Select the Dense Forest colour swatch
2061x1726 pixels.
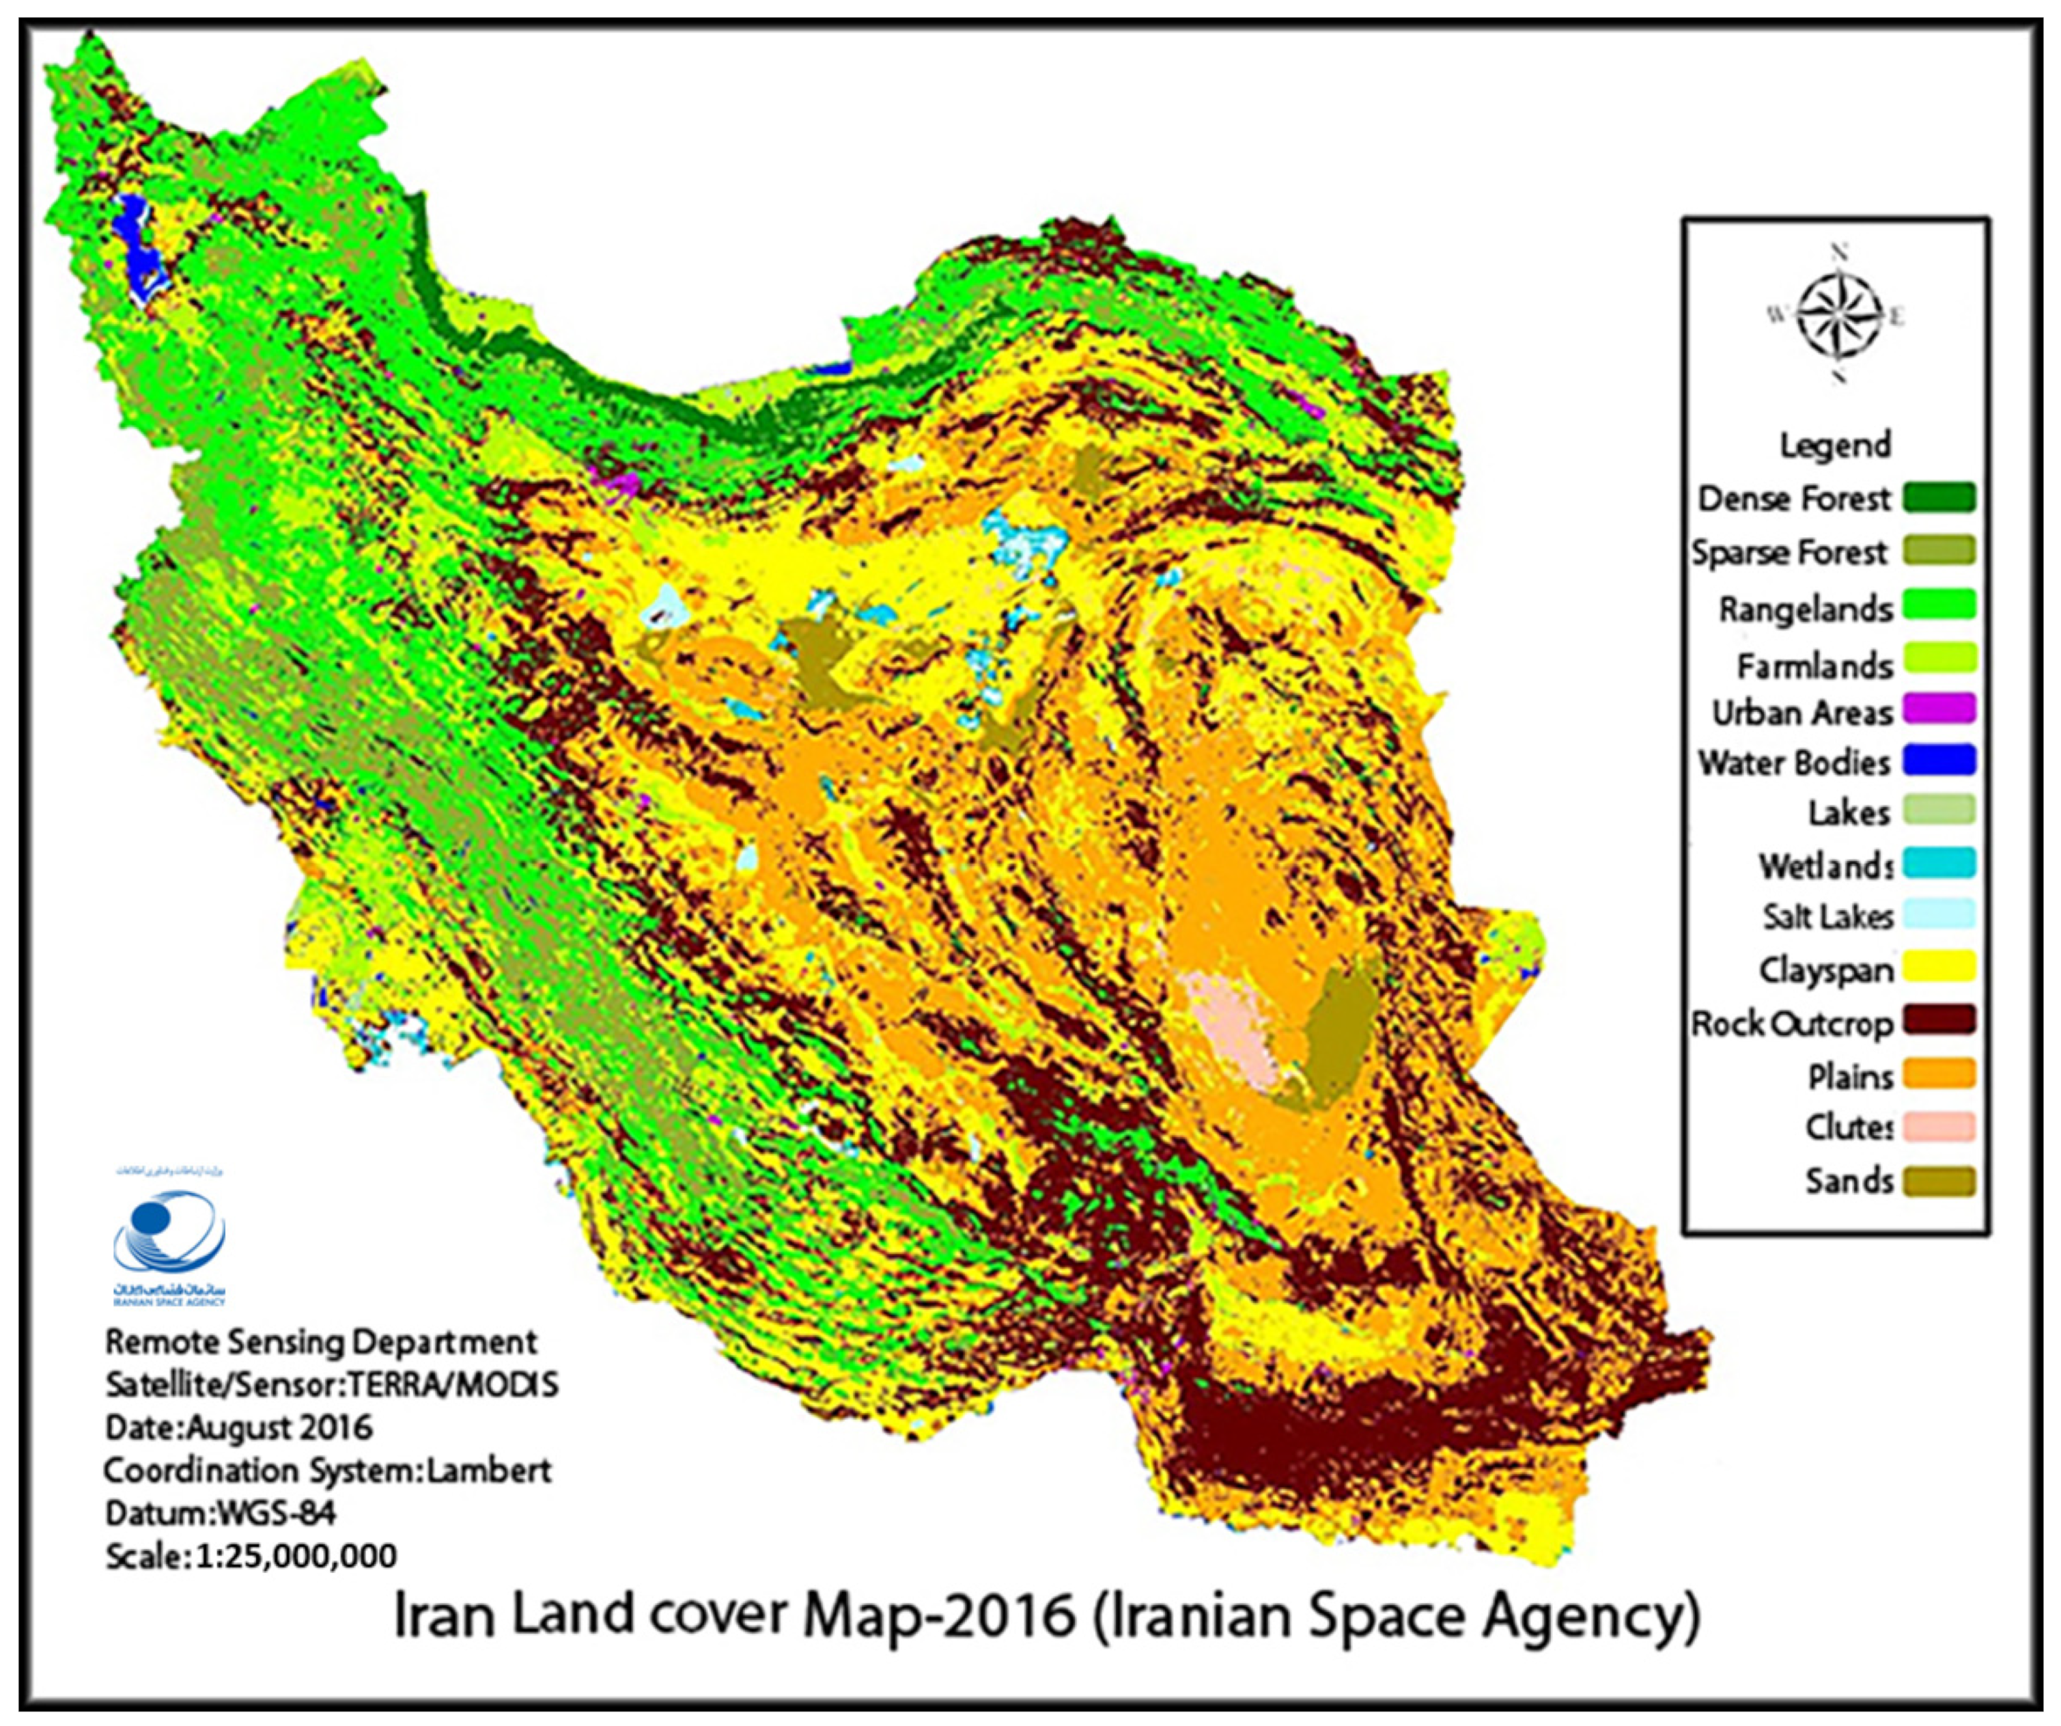(1938, 497)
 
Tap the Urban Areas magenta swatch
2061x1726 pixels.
(1938, 709)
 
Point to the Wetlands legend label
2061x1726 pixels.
(1825, 866)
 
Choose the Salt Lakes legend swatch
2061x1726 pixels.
(1938, 915)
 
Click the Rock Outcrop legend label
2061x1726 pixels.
(1792, 1023)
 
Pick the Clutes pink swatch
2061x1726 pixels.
(1938, 1127)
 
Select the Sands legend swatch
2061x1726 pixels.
(1938, 1181)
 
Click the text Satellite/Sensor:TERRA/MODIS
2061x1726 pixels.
(332, 1384)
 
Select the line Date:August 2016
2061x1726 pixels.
(238, 1427)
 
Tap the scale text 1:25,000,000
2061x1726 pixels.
(294, 1556)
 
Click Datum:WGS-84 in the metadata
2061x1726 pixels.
(220, 1513)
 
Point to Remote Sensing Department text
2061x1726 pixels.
(321, 1341)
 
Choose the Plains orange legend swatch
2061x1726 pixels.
(1938, 1074)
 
